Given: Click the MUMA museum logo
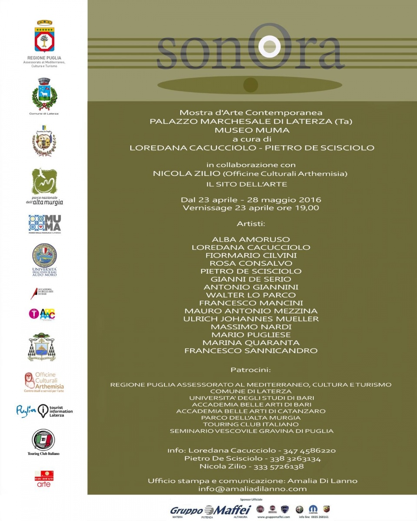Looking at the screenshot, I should click(x=44, y=224).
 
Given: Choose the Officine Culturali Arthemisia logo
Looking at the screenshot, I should click(x=44, y=382).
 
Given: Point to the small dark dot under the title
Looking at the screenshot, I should click(x=251, y=85).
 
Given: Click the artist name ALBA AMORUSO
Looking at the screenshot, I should click(x=251, y=239).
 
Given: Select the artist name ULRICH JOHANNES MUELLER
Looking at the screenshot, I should click(x=251, y=319).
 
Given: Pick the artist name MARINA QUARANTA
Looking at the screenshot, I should click(x=251, y=343).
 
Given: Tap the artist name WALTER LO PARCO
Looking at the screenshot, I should click(x=251, y=295).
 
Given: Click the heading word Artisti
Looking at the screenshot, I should click(x=251, y=224).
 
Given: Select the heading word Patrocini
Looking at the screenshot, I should click(x=251, y=370).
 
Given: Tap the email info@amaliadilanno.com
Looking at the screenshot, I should click(x=252, y=488).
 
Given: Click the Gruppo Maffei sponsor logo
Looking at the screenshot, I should click(x=211, y=510).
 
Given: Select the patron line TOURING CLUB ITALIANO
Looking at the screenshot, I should click(x=251, y=424).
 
